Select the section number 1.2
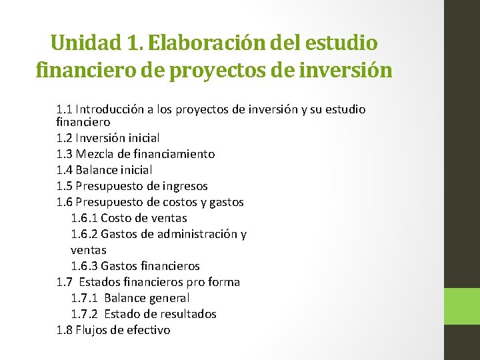(x=65, y=138)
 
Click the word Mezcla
(x=94, y=154)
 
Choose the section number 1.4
(x=65, y=170)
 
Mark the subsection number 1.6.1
(x=83, y=218)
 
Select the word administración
(x=197, y=234)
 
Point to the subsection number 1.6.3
(x=83, y=266)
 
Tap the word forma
(x=224, y=282)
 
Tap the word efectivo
(x=147, y=330)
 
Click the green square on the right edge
(x=462, y=307)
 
